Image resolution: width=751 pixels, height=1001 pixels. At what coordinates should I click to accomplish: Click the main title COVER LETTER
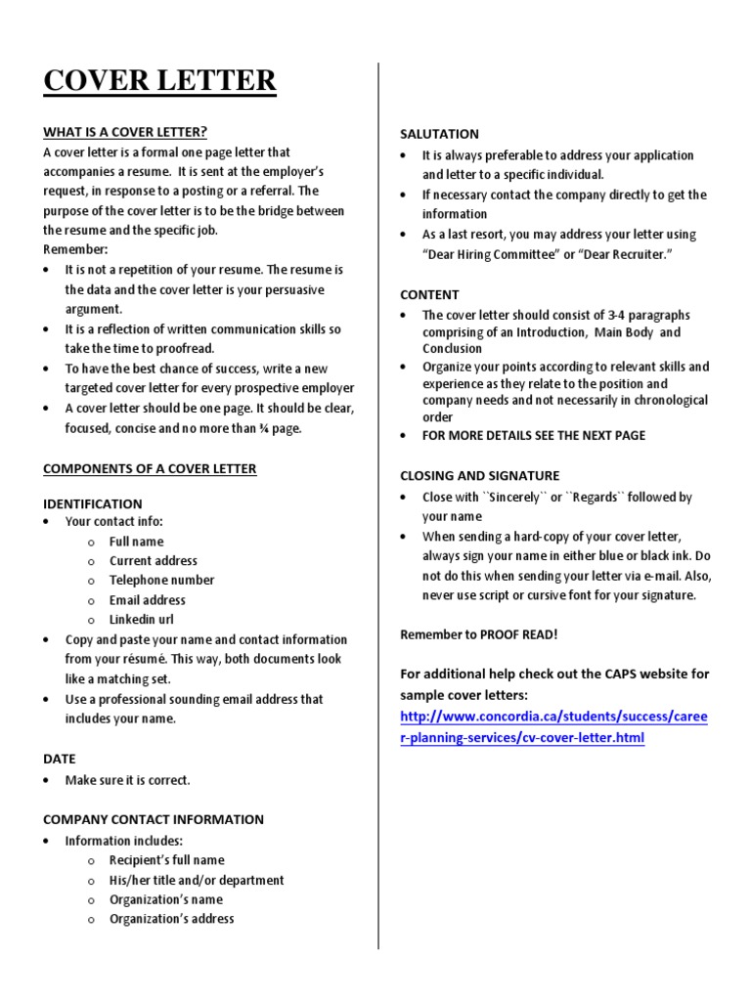coord(159,80)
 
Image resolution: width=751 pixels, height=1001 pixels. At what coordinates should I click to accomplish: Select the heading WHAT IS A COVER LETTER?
coord(125,132)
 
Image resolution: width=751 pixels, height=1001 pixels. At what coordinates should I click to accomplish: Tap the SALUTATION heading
coord(439,134)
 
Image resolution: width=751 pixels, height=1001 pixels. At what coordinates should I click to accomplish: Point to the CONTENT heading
coord(429,294)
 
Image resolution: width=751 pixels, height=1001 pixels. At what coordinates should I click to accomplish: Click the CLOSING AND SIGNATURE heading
coord(479,475)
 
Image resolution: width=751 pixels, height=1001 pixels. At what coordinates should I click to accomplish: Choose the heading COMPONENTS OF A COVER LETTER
coord(150,468)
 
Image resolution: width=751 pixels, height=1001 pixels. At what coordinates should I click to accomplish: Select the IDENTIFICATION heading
coord(92,503)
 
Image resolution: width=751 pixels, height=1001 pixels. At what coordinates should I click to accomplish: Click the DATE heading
coord(59,759)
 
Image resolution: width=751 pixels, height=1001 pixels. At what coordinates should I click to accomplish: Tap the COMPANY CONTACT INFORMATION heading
coord(154,819)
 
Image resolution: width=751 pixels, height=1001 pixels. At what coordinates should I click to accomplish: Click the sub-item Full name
coord(136,542)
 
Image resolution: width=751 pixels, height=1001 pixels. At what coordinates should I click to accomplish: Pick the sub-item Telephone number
coord(161,580)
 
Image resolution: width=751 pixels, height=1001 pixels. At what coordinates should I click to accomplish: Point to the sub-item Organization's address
coord(171,919)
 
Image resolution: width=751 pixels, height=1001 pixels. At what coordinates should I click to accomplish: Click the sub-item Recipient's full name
coord(166,860)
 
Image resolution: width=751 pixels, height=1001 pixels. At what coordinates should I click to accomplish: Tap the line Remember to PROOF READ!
coord(479,634)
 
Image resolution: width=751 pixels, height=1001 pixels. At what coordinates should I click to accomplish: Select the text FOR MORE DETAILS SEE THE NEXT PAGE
coord(534,435)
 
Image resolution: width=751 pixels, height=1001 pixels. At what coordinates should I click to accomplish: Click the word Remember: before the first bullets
coord(75,249)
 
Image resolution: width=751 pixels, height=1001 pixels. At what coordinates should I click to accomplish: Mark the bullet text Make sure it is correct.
coord(127,780)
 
